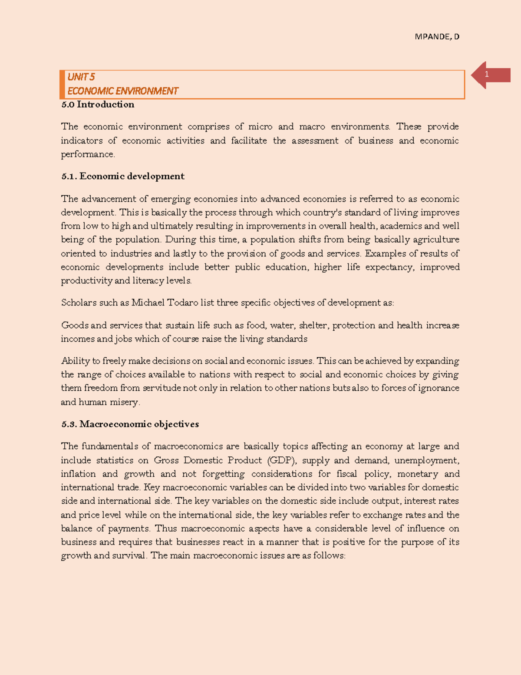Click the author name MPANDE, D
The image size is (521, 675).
(437, 37)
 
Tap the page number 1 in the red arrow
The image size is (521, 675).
(487, 75)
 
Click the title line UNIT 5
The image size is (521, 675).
(81, 77)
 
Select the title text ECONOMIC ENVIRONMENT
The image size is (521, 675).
(123, 91)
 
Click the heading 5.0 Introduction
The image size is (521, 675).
(98, 105)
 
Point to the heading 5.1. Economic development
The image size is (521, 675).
(123, 176)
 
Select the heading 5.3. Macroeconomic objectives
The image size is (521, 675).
(130, 424)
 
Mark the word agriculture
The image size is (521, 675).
(436, 239)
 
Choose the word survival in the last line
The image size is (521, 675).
(129, 555)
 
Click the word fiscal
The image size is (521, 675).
(346, 474)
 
